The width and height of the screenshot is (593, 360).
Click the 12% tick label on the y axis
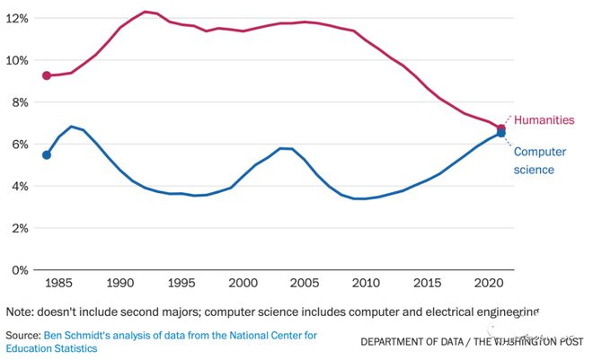point(17,18)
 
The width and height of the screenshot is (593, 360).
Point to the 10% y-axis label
point(17,60)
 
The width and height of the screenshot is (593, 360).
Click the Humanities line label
point(544,119)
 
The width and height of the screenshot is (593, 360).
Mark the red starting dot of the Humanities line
point(47,75)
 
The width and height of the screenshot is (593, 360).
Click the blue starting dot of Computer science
point(47,154)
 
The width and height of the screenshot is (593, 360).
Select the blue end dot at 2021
point(501,134)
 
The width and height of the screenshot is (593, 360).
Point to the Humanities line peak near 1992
point(145,12)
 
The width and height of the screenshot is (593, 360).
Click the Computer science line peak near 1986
point(71,127)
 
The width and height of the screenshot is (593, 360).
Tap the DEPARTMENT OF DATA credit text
point(413,341)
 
